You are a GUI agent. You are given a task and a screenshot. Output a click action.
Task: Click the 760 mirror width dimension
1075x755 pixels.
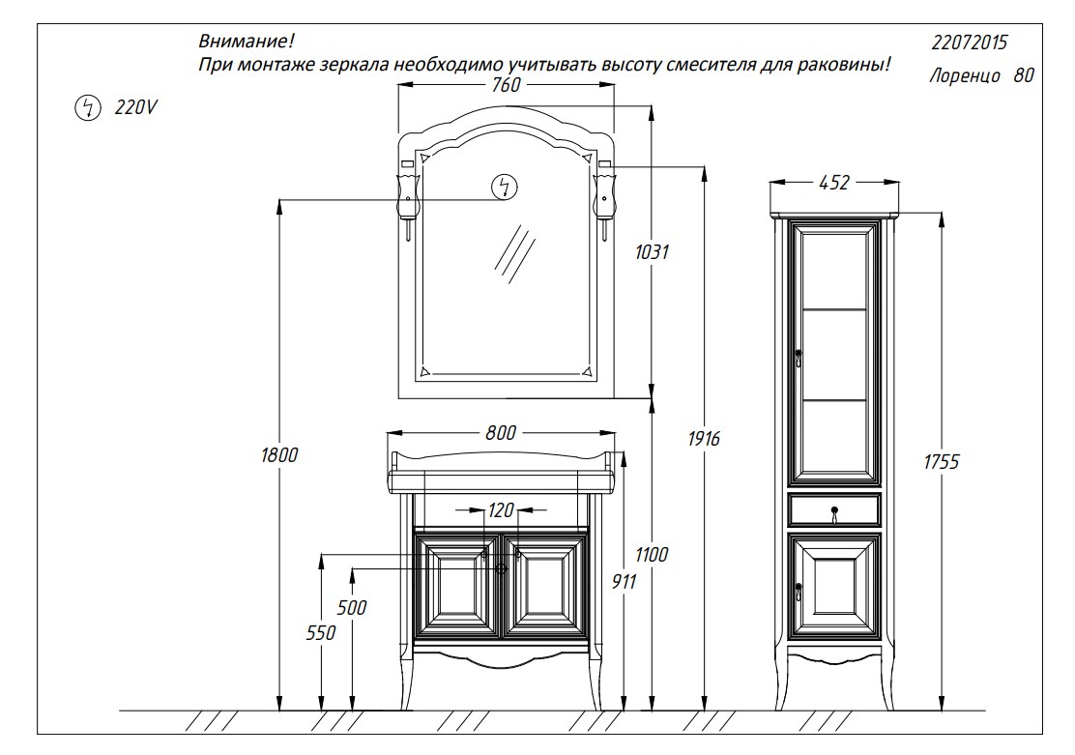pos(506,85)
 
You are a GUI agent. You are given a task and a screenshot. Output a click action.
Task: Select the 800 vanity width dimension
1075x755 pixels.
pos(501,433)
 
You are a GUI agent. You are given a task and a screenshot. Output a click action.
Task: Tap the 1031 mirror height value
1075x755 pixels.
pos(652,252)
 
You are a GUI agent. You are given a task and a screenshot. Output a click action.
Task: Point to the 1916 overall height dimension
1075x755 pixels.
pos(704,439)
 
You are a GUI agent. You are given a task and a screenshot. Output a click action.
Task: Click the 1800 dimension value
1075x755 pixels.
pos(279,455)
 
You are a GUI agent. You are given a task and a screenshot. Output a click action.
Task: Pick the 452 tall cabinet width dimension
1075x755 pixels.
pos(834,183)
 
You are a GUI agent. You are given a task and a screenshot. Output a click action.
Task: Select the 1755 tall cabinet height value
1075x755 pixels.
pos(942,462)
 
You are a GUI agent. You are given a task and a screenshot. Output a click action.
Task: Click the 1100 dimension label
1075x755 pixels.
pos(652,555)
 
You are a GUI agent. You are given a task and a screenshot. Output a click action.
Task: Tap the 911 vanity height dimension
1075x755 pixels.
pos(624,582)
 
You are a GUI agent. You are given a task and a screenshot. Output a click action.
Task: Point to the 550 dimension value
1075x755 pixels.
pos(321,633)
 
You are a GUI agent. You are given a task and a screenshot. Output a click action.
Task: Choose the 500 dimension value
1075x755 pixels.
pos(352,607)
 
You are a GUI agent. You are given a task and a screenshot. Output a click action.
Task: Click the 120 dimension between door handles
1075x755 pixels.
pos(501,510)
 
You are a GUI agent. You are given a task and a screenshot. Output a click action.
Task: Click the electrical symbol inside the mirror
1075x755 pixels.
pos(505,187)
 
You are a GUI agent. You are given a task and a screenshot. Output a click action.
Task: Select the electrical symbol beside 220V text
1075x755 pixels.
pos(88,107)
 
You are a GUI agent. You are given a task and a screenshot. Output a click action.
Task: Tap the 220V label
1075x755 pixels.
pos(135,107)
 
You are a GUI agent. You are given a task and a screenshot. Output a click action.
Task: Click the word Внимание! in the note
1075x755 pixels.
pos(247,42)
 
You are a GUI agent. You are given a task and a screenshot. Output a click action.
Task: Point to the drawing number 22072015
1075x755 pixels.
pos(970,43)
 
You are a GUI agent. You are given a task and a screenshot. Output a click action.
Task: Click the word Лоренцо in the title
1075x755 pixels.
pos(966,75)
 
